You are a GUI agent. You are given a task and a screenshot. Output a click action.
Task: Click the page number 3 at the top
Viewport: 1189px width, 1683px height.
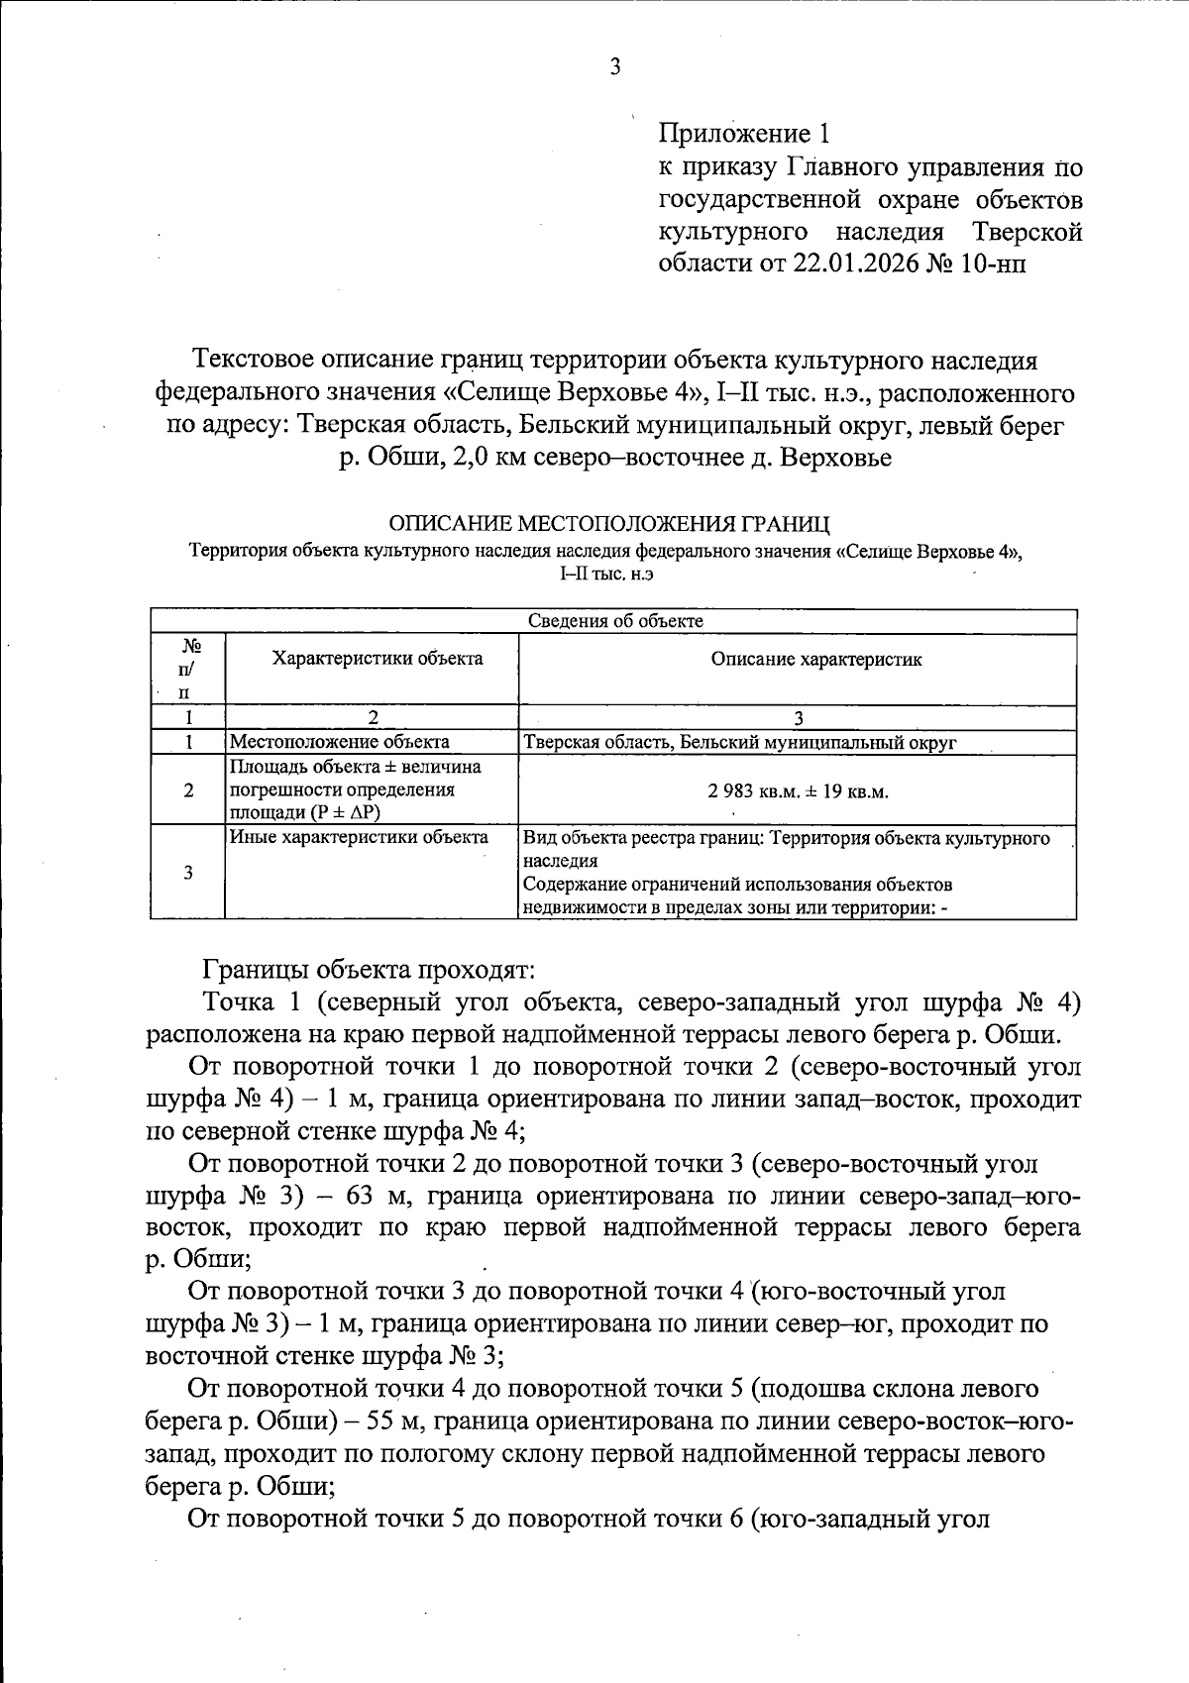tap(614, 67)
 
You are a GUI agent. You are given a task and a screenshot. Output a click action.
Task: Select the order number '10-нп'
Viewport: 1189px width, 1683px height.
tap(992, 264)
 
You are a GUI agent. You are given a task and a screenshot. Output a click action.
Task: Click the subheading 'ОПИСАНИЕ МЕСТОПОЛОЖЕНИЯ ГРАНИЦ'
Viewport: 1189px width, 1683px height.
tap(609, 522)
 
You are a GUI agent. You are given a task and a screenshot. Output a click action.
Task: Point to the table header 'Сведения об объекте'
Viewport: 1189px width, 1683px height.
tap(614, 621)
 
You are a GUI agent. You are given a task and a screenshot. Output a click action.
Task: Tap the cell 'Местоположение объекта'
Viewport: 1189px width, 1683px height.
tap(339, 742)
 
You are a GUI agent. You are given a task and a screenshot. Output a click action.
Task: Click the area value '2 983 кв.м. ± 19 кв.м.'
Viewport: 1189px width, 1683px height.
tap(799, 792)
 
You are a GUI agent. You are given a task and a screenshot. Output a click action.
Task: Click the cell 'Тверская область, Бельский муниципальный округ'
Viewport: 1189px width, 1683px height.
tap(739, 742)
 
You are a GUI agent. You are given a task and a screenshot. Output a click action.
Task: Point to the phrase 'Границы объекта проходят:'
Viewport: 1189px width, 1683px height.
tap(369, 968)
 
